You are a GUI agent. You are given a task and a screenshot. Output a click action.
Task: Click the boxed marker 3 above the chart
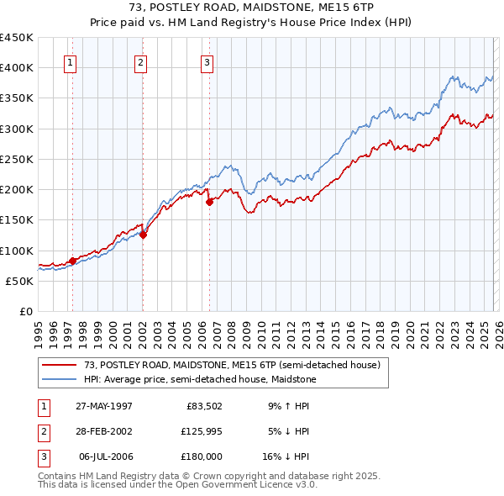(207, 61)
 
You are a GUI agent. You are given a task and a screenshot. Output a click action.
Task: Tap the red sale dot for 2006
(209, 201)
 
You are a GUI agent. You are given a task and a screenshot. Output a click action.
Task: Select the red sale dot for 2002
(144, 235)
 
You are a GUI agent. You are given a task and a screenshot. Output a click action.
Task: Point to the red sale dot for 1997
(73, 261)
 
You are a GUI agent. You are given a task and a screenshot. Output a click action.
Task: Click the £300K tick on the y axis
(17, 129)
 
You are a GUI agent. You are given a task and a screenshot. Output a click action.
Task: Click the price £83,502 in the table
(202, 406)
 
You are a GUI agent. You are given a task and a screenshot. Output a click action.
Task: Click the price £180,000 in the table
(202, 456)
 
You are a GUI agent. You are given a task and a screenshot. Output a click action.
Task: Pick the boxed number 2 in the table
(44, 431)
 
